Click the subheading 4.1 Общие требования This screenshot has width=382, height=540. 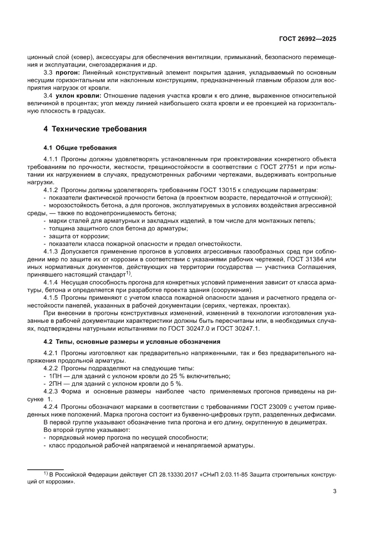tap(79, 148)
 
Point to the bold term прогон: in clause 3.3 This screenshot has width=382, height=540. tap(68, 73)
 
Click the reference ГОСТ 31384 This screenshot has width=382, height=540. tap(304, 260)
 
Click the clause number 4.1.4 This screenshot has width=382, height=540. tap(50, 282)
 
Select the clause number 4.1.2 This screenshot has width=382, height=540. tap(50, 190)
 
